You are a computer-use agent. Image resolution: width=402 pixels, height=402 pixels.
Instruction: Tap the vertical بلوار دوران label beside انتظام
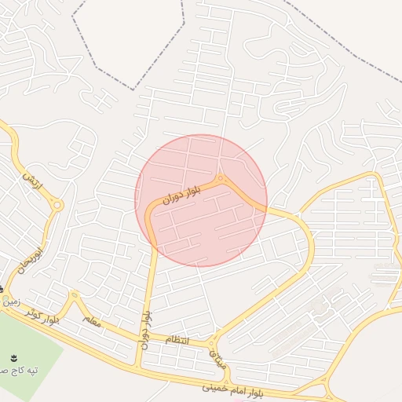[x=146, y=330]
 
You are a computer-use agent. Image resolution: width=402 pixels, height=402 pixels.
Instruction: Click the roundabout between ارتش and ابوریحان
[x=57, y=205]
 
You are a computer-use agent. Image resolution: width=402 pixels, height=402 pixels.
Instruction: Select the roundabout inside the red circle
[x=222, y=179]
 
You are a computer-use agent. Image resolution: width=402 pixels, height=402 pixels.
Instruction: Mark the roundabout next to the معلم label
[x=74, y=296]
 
